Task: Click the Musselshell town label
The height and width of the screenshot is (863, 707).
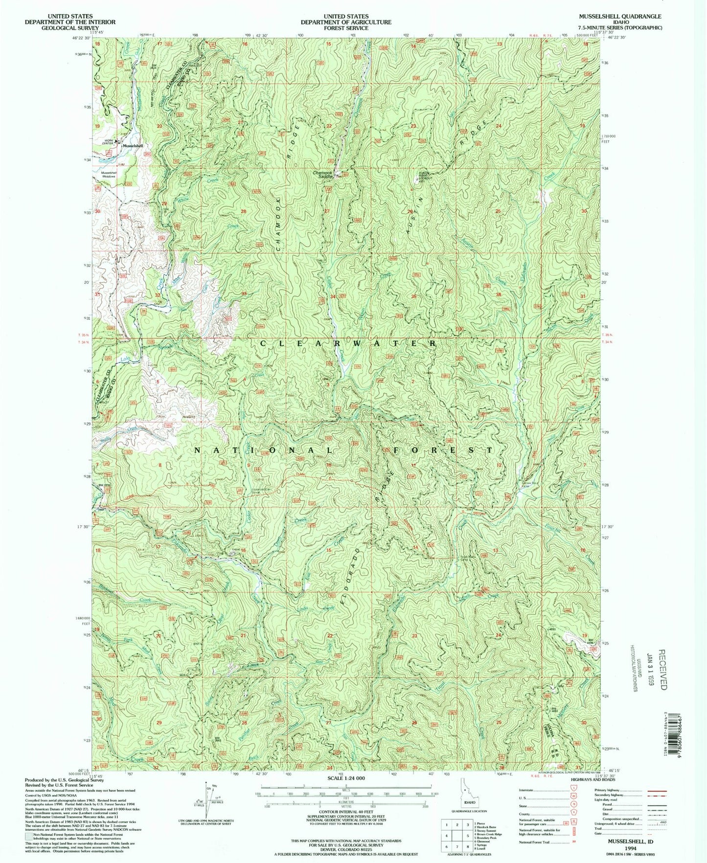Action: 133,146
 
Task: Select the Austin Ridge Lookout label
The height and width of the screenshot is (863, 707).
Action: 425,177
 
